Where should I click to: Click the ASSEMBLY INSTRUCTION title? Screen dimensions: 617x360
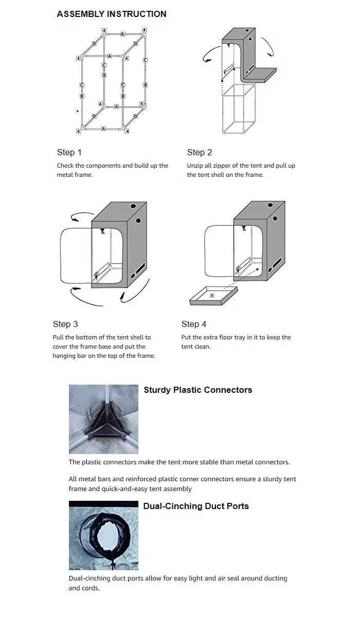pyautogui.click(x=112, y=14)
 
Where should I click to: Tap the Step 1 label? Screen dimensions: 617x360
pyautogui.click(x=69, y=152)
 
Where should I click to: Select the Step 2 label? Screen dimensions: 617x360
pyautogui.click(x=200, y=152)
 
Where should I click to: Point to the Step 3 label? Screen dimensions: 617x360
pyautogui.click(x=65, y=324)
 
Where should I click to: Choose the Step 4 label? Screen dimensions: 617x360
pyautogui.click(x=194, y=324)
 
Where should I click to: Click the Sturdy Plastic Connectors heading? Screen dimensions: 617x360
pyautogui.click(x=198, y=390)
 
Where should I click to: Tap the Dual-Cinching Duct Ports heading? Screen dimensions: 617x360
pyautogui.click(x=196, y=506)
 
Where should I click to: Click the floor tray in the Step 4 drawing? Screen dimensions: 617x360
pyautogui.click(x=214, y=297)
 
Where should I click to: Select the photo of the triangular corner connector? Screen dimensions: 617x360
pyautogui.click(x=103, y=419)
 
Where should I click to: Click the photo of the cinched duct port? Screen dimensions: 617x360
pyautogui.click(x=103, y=535)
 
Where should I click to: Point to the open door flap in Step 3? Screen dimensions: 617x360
pyautogui.click(x=76, y=256)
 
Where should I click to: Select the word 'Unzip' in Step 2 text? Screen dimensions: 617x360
pyautogui.click(x=196, y=166)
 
